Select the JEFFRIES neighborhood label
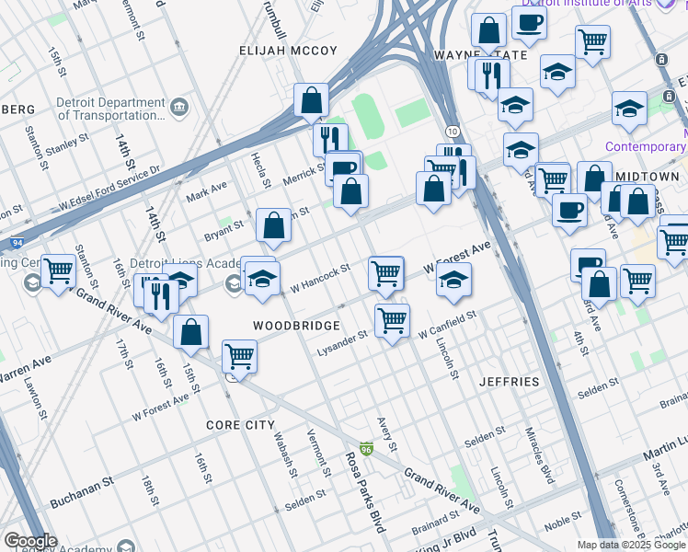pos(509,381)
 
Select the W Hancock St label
pos(320,279)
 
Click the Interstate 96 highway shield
pos(366,449)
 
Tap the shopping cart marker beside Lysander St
pos(393,321)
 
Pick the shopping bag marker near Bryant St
pos(273,225)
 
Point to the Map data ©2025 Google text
pos(631,545)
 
